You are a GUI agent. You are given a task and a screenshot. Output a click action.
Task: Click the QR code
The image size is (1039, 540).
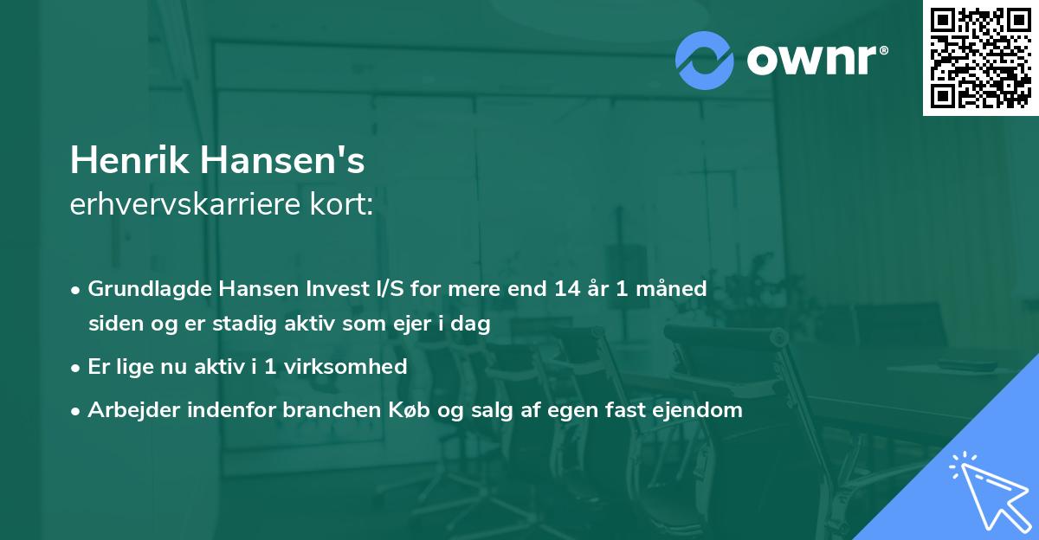tap(981, 58)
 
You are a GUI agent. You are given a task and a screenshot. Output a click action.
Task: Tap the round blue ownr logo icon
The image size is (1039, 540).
tap(706, 60)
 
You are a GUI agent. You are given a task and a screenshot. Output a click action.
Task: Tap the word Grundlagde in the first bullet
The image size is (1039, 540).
tap(143, 289)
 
